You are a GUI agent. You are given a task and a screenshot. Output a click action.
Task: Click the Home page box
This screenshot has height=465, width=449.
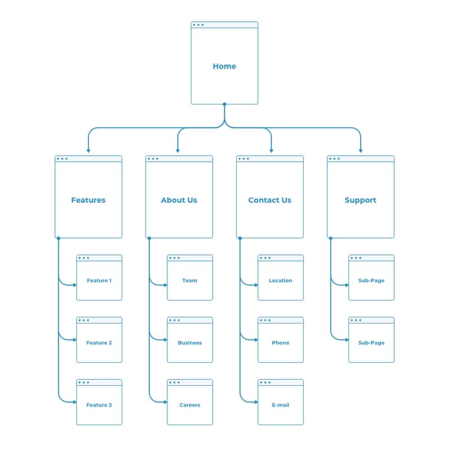pos(224,66)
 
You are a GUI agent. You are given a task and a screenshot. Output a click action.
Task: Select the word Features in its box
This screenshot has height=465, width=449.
pos(88,200)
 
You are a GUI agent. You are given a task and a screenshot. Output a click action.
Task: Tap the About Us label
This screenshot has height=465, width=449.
pos(179,200)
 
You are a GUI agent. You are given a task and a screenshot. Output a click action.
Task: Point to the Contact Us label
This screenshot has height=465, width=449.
pos(269,200)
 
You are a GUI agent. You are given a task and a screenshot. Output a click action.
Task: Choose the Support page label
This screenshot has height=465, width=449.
pos(360,200)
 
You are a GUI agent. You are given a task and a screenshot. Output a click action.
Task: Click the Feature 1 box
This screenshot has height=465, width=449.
pos(99,280)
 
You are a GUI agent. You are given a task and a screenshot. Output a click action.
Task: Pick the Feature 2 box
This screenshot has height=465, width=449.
pos(99,343)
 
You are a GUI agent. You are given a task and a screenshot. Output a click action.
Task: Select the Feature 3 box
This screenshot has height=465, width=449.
pos(99,405)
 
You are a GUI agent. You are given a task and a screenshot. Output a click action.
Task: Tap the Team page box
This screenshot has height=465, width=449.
pos(190,280)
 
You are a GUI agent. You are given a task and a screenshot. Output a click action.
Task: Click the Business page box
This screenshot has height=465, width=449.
pos(190,343)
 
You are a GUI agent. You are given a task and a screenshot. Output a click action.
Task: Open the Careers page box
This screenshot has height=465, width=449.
pos(190,405)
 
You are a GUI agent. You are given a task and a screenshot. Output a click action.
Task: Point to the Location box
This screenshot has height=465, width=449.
pos(281,280)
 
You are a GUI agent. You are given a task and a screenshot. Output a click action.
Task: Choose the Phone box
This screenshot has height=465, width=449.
pos(281,343)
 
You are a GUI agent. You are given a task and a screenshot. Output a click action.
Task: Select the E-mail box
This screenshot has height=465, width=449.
pos(281,405)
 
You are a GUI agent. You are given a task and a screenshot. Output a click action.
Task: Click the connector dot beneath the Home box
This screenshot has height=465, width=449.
pos(224,104)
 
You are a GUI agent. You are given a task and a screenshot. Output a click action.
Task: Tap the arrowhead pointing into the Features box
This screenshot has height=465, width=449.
pos(88,151)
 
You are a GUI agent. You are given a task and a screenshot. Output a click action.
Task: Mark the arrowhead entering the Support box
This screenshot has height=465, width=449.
pos(360,151)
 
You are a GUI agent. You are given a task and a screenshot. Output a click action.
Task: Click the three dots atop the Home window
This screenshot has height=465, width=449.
pos(198,25)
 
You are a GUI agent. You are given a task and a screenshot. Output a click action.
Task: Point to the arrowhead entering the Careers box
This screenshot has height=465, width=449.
pos(165,402)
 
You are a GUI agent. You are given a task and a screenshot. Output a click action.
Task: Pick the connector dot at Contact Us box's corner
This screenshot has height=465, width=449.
pos(240,238)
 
